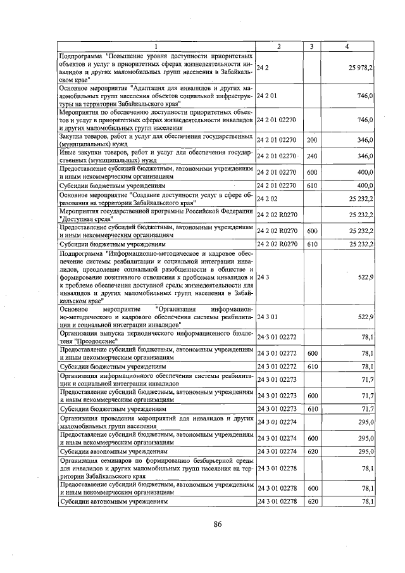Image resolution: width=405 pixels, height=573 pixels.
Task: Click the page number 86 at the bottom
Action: coord(217,524)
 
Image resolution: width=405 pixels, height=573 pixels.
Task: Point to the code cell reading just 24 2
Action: coord(263,67)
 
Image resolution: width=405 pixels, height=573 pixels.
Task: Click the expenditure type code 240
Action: coord(311,156)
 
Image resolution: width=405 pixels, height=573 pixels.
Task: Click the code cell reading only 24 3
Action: coord(263,277)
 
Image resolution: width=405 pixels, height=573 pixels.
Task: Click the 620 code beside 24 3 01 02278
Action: coord(311,501)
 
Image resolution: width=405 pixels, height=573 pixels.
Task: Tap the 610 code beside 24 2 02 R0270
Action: coord(311,244)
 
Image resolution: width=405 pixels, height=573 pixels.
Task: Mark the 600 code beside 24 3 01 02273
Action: coord(311,396)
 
